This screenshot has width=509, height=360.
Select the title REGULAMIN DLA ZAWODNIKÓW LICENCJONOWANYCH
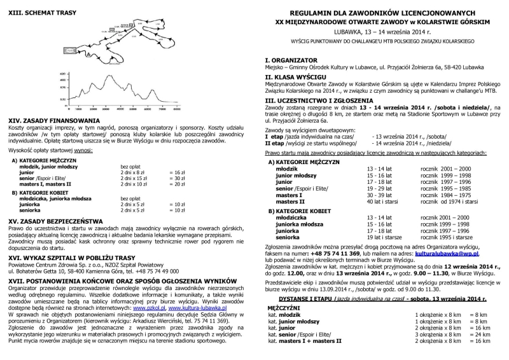point(382,13)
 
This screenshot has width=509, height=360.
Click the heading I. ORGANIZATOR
point(291,60)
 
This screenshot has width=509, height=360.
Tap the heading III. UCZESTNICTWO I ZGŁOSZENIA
point(323,100)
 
